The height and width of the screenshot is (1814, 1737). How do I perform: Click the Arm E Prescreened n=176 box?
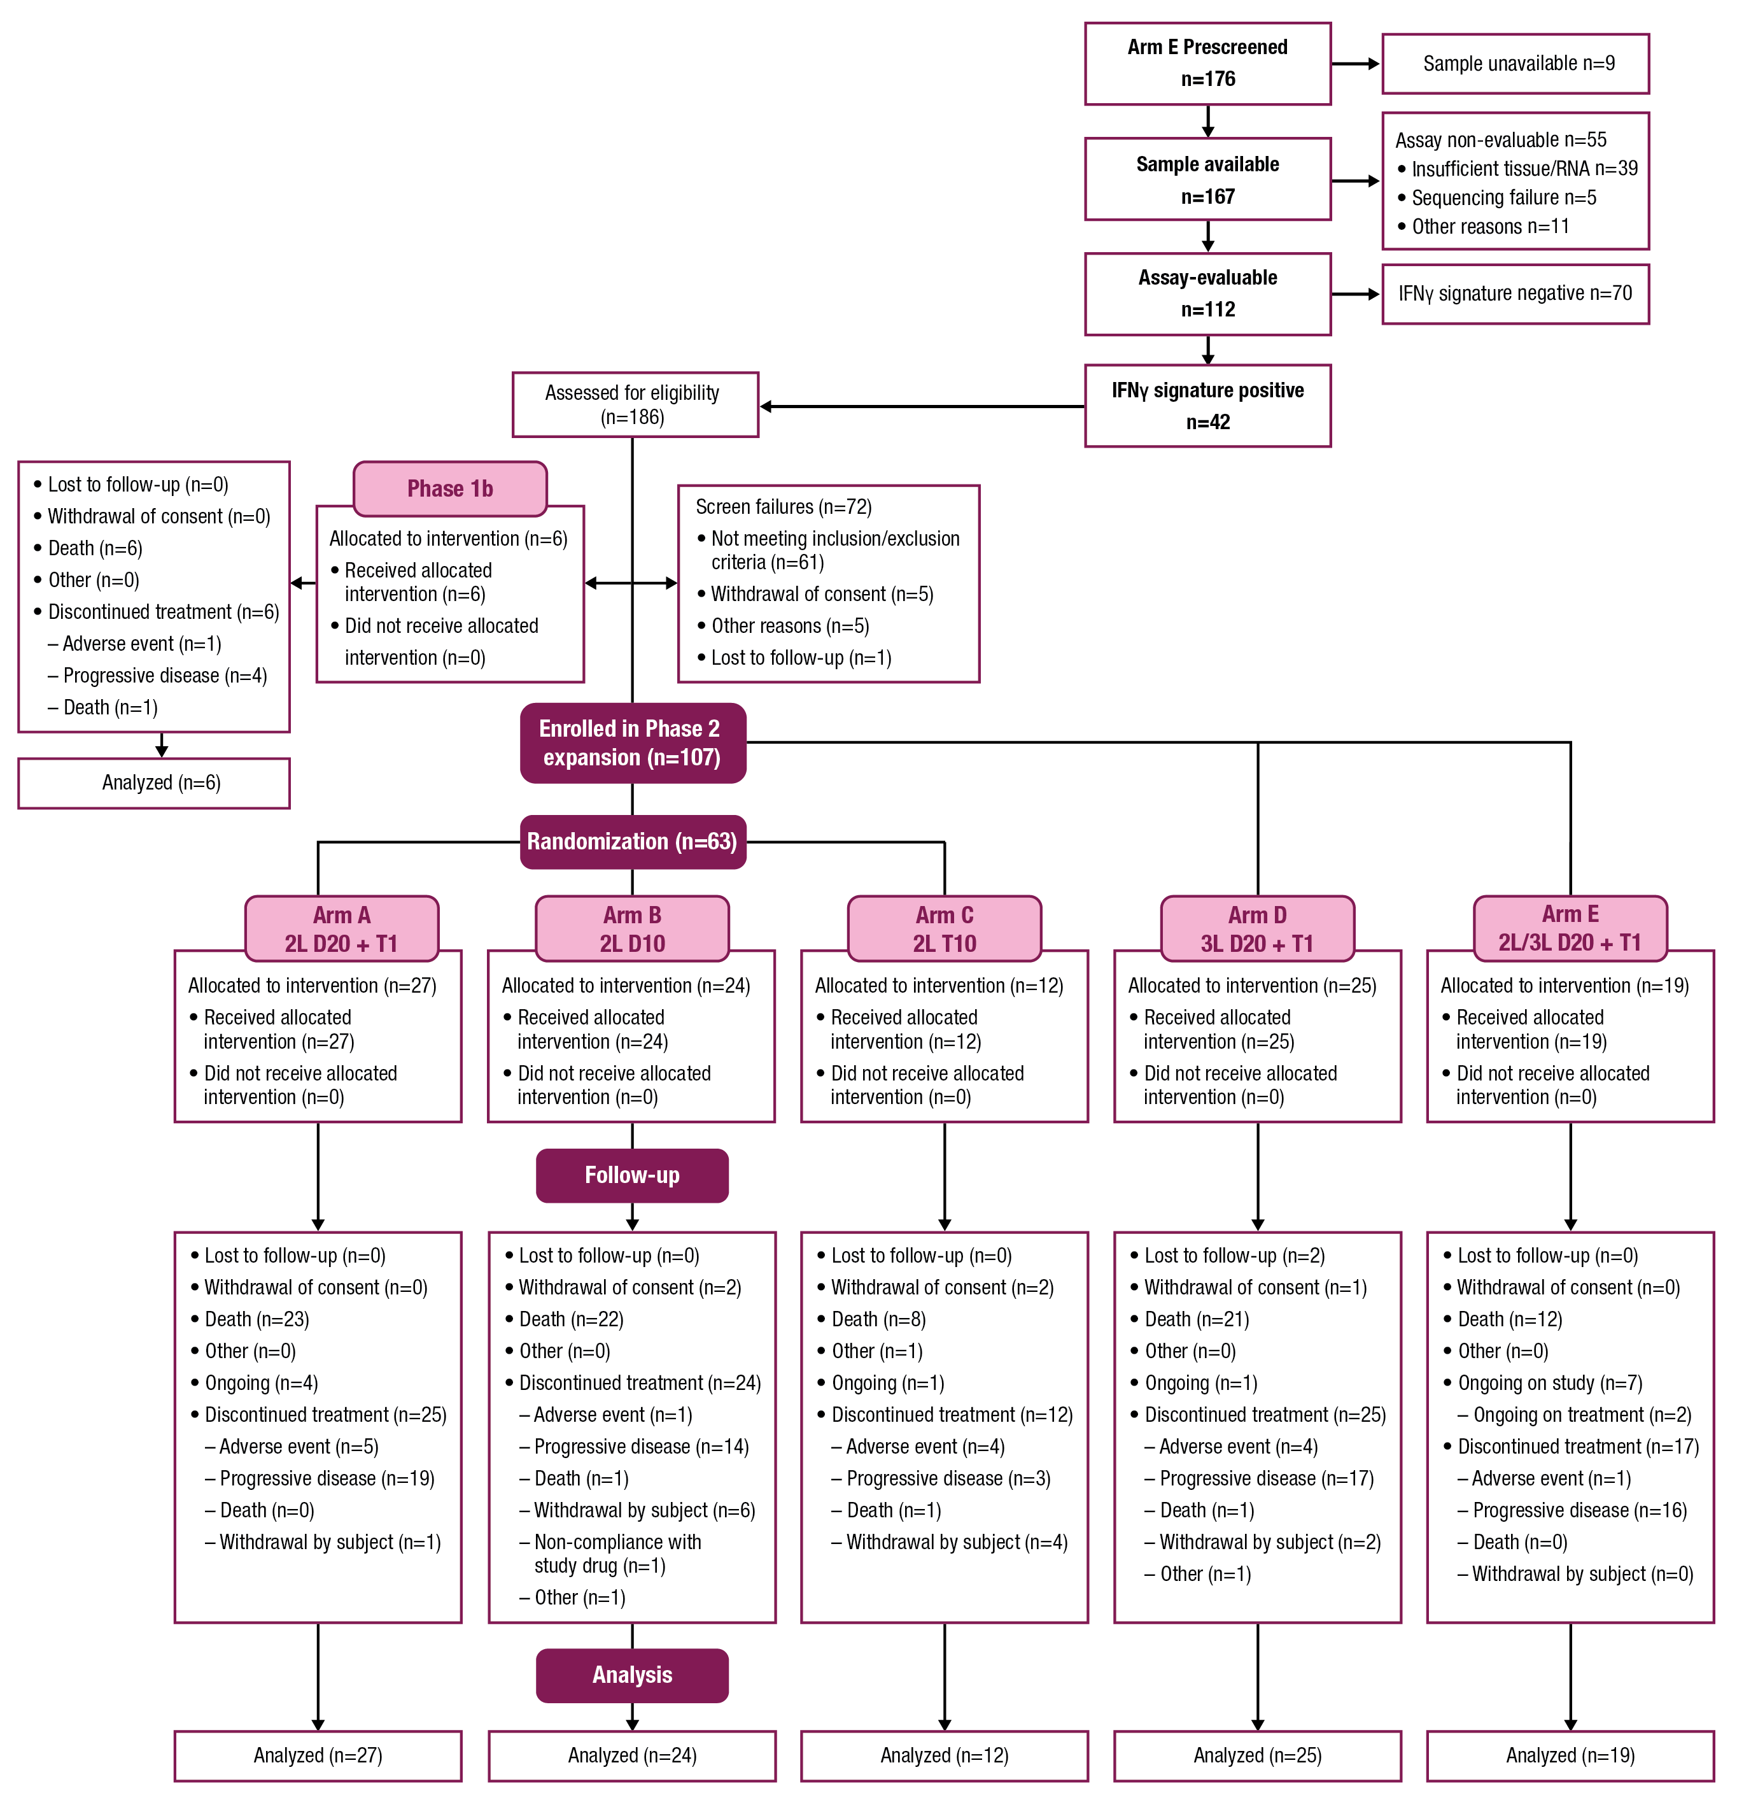point(1207,63)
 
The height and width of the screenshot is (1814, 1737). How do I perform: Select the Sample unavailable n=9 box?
point(1514,63)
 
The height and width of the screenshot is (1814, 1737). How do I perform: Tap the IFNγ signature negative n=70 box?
point(1514,294)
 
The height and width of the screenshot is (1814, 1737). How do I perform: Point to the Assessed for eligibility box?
point(634,404)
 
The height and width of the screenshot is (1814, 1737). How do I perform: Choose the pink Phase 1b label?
point(450,488)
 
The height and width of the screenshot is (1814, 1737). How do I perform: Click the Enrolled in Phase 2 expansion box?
point(632,742)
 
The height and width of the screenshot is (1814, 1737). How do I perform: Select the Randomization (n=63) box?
point(632,841)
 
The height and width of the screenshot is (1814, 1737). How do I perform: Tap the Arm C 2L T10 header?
point(944,928)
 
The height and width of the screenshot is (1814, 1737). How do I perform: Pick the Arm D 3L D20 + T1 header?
point(1256,928)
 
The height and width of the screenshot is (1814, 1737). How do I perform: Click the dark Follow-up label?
point(632,1175)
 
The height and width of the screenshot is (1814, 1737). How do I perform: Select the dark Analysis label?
point(632,1675)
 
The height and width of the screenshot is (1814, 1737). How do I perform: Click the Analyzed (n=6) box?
point(153,783)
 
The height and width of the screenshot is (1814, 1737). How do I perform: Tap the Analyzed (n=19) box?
point(1570,1755)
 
